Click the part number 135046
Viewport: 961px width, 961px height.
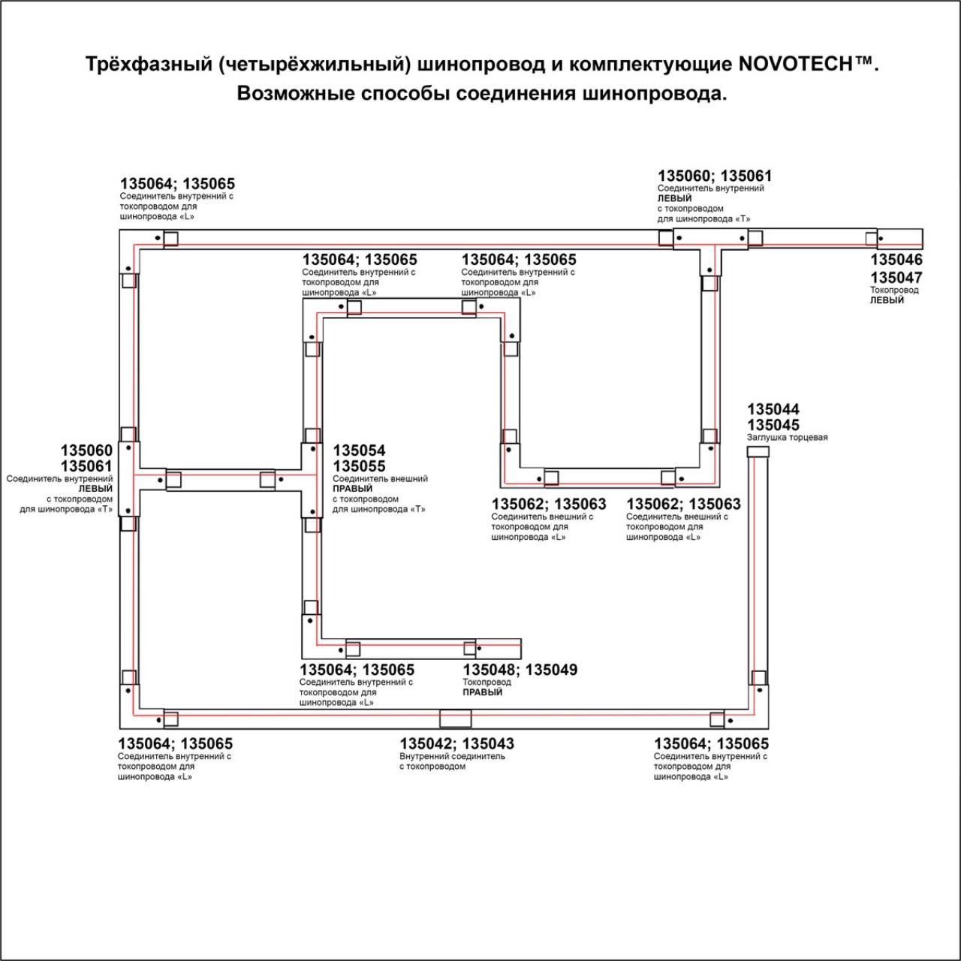click(896, 260)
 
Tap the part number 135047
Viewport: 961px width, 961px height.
click(896, 277)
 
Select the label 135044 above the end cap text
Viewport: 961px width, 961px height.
click(773, 409)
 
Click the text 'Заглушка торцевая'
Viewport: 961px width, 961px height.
click(787, 438)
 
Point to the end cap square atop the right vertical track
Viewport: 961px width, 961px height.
click(758, 451)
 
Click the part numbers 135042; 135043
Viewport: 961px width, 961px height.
click(456, 743)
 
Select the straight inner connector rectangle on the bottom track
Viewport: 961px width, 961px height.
click(455, 718)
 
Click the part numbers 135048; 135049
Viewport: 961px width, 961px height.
click(520, 670)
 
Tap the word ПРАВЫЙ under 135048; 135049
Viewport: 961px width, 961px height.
click(482, 692)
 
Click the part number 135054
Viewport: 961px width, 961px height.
click(359, 450)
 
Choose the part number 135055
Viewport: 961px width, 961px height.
click(359, 466)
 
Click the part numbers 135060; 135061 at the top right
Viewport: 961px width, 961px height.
click(714, 176)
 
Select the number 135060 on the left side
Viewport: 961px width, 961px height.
click(86, 450)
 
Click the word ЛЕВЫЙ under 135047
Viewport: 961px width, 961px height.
click(887, 300)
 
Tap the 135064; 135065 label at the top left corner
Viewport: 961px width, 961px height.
click(177, 184)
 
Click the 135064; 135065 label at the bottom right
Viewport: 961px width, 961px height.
click(711, 743)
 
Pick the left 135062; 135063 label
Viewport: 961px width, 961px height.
click(548, 504)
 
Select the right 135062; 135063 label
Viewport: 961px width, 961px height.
click(683, 504)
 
